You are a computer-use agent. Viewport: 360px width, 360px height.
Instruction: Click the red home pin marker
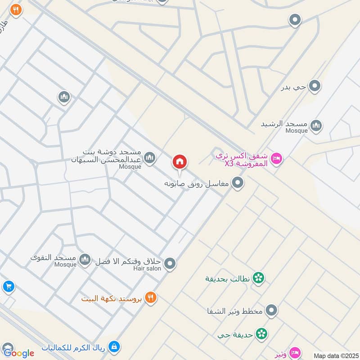click(x=180, y=162)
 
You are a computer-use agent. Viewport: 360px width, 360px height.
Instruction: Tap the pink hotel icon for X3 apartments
click(x=277, y=158)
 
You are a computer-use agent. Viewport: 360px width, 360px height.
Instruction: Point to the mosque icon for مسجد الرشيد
click(x=316, y=124)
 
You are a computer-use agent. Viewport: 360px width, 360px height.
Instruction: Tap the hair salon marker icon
click(x=170, y=263)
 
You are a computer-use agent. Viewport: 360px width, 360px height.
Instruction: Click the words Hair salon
click(x=147, y=268)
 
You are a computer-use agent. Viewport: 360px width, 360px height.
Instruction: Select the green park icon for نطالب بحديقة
click(x=258, y=278)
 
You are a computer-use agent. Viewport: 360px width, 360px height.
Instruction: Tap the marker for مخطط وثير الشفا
click(x=271, y=310)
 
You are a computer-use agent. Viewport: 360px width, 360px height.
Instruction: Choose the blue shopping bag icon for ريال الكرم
click(x=114, y=347)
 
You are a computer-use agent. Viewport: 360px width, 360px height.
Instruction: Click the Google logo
click(x=19, y=353)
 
